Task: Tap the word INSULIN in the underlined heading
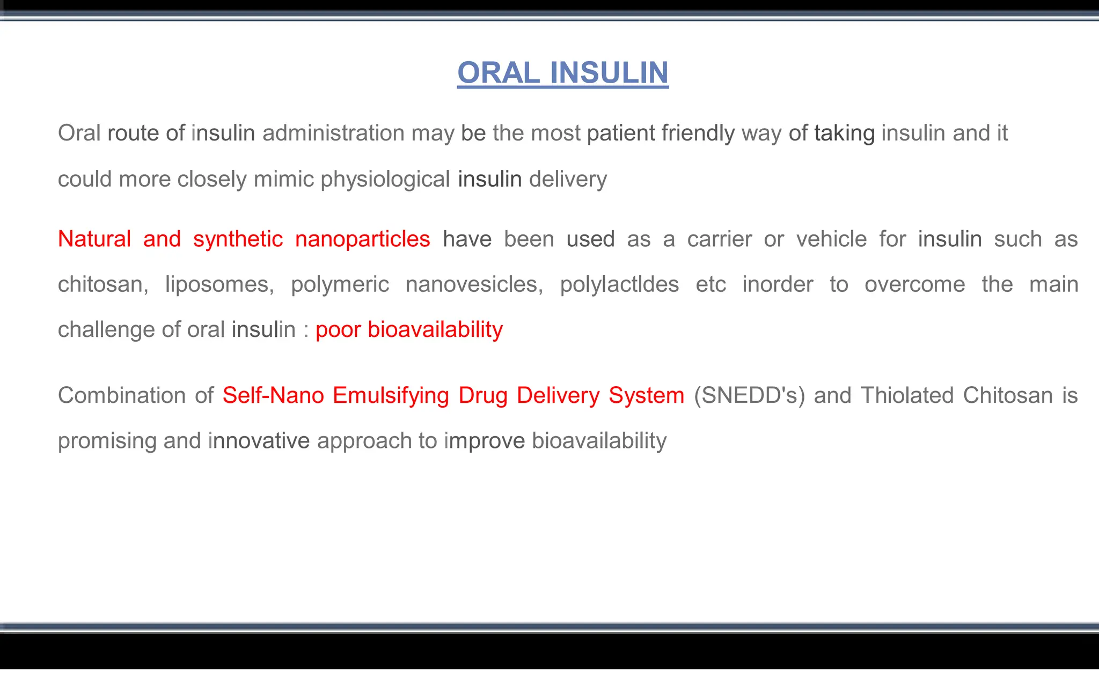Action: coord(609,73)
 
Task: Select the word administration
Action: coord(333,133)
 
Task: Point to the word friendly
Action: coord(698,133)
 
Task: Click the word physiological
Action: coord(385,179)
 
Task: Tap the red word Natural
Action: coord(94,239)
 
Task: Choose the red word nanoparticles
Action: coord(363,239)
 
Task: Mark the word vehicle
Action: coord(831,239)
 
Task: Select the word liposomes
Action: coord(219,284)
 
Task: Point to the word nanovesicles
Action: coord(474,284)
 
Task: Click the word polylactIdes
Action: coord(619,284)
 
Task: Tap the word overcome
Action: coord(914,284)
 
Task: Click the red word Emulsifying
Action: coord(391,396)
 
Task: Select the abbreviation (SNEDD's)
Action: coord(749,396)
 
